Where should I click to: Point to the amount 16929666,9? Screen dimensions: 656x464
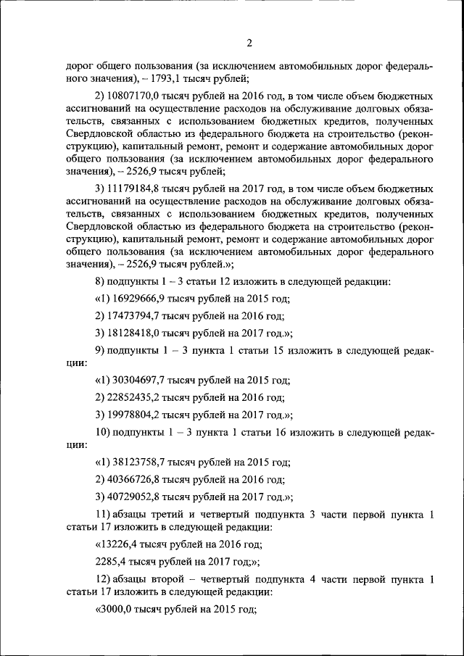click(x=138, y=298)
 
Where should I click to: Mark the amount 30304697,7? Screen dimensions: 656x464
click(x=138, y=379)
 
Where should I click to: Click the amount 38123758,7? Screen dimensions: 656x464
click(x=138, y=461)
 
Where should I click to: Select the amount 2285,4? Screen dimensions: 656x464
click(x=112, y=561)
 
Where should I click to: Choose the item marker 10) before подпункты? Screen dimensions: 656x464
click(x=103, y=433)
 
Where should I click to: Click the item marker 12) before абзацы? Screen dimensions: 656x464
click(x=103, y=579)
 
